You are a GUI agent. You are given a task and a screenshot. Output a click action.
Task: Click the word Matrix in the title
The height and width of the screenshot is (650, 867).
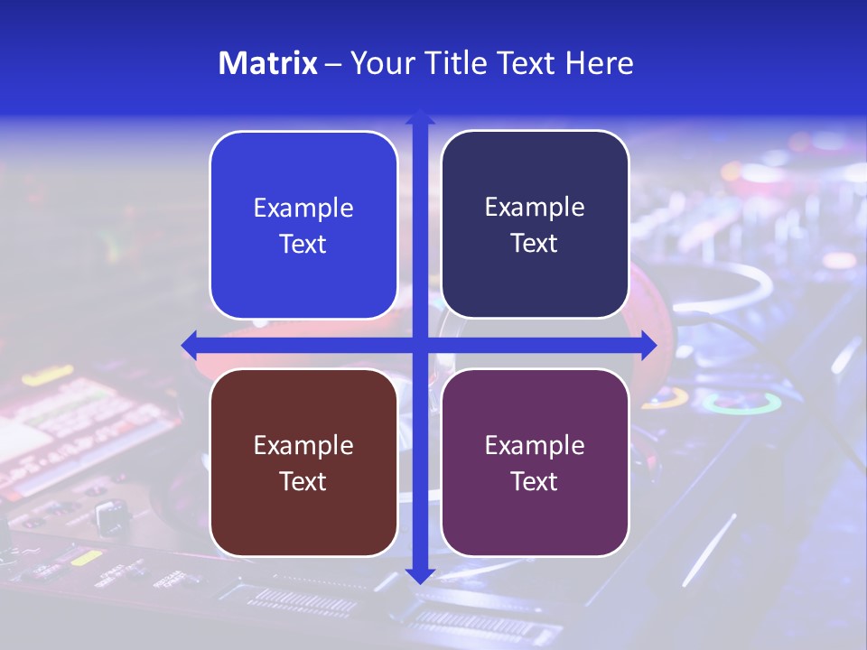[267, 63]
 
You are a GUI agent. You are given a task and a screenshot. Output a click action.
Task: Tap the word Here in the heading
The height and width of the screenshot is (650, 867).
[599, 63]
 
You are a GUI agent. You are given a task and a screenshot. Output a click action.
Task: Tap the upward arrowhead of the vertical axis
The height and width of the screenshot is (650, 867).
[420, 117]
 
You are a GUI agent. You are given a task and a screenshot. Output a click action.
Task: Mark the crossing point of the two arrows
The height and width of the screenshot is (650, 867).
[420, 344]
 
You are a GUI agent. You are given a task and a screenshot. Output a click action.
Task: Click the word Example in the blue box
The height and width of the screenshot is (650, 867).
[303, 209]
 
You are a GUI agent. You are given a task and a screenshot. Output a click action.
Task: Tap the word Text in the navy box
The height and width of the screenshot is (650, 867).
[535, 244]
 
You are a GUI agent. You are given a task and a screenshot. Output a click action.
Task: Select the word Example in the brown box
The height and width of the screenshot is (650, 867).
[303, 446]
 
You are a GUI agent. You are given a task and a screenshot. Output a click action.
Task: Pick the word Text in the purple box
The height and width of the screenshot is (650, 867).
[535, 482]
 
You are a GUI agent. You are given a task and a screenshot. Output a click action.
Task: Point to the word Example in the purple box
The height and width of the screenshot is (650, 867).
[535, 446]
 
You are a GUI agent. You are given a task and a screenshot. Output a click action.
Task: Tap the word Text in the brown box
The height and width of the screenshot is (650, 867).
[303, 482]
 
